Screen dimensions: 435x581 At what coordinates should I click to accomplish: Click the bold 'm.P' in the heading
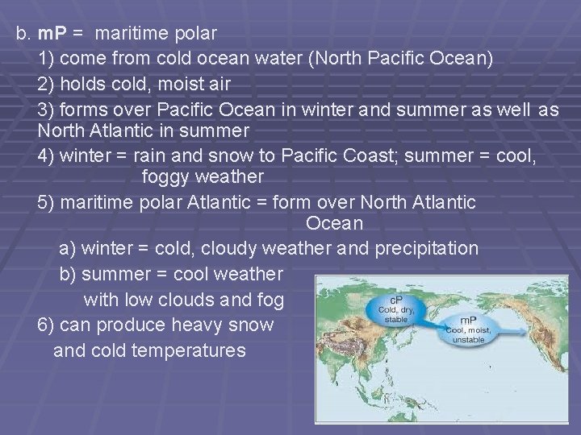(52, 35)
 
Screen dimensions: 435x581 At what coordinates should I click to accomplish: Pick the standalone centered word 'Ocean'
(335, 223)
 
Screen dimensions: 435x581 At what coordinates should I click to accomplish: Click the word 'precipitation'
(426, 248)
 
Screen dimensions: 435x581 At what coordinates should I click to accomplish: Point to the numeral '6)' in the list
(47, 325)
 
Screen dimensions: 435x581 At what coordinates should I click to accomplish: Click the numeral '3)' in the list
(47, 109)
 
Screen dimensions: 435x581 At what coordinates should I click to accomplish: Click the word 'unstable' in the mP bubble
(469, 340)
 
